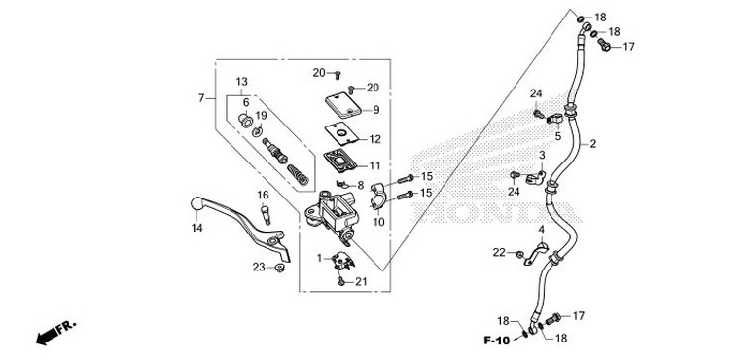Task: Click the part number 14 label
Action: click(196, 228)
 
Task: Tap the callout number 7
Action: click(201, 98)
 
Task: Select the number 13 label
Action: click(242, 81)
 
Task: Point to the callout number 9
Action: click(375, 110)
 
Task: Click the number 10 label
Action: click(378, 222)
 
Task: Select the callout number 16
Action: click(263, 195)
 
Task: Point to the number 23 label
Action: click(259, 267)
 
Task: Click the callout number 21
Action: click(360, 282)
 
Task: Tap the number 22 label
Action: click(499, 253)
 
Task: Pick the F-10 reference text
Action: click(497, 340)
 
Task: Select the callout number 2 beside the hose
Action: click(591, 145)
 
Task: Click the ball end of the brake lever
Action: click(196, 202)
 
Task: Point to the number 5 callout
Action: click(558, 136)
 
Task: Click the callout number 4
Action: click(542, 230)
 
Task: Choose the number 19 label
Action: click(262, 116)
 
